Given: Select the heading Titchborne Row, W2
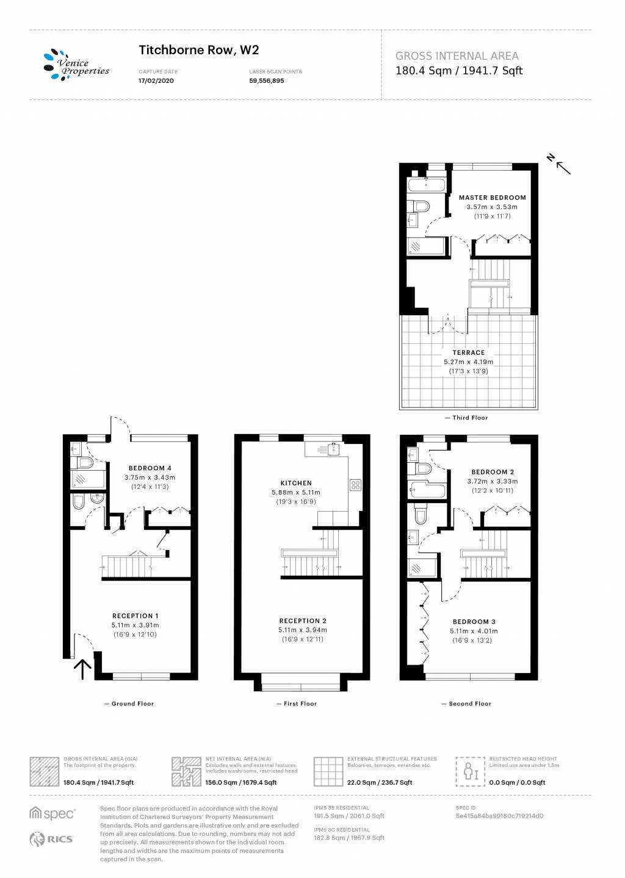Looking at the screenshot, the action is [199, 50].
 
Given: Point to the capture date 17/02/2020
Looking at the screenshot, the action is [156, 80].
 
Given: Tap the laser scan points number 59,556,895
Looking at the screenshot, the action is [267, 80].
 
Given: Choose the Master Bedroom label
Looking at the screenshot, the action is [493, 198].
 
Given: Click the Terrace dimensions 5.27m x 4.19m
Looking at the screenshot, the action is [469, 362].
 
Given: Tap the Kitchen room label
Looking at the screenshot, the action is [296, 483].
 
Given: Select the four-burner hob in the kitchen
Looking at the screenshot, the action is [355, 485].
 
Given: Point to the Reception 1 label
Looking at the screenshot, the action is [135, 616].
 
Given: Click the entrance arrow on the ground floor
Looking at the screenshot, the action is [83, 669].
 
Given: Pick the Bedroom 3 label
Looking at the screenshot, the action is [474, 622].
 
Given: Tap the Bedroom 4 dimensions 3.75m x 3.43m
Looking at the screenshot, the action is [150, 477].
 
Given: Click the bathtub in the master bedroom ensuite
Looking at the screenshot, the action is [427, 184].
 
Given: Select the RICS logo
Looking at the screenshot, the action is [51, 839].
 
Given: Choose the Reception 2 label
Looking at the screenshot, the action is [303, 621].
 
